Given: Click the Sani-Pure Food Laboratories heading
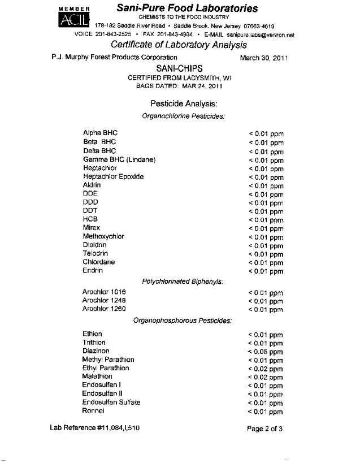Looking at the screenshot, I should (x=187, y=8).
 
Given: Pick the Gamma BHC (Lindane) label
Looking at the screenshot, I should (x=119, y=159).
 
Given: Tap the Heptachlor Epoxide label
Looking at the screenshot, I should (x=113, y=176).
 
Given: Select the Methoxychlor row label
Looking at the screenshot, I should (x=103, y=236).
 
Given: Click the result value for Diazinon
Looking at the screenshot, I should (x=265, y=351).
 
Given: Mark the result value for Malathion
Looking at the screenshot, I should (x=265, y=377).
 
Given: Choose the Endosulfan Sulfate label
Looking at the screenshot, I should (x=111, y=402).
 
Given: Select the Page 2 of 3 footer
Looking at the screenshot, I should (x=264, y=429).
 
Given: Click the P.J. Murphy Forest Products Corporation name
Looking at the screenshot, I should (x=114, y=57).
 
